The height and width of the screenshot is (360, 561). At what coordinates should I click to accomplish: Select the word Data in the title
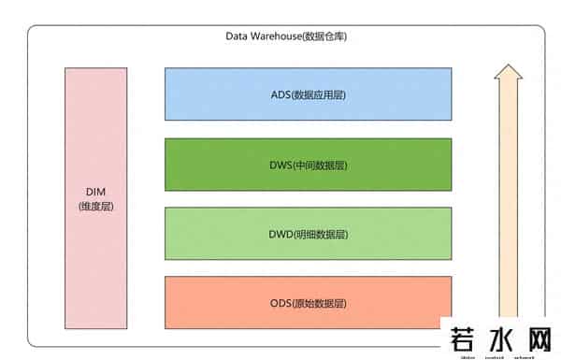click(237, 36)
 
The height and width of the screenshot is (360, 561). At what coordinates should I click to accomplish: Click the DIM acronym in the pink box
click(95, 192)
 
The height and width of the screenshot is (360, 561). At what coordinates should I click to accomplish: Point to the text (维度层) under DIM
click(95, 206)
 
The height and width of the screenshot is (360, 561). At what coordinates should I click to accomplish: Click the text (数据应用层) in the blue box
click(320, 95)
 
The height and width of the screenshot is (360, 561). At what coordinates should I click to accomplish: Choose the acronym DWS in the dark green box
click(280, 166)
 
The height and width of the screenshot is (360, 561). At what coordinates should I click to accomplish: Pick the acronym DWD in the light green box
click(280, 234)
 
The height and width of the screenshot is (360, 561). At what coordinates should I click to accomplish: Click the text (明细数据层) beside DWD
click(321, 234)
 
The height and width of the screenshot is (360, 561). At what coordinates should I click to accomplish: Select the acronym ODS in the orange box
click(280, 303)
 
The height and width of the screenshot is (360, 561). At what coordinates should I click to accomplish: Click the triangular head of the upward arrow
click(509, 76)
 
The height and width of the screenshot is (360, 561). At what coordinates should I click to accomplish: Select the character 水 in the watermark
click(498, 338)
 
